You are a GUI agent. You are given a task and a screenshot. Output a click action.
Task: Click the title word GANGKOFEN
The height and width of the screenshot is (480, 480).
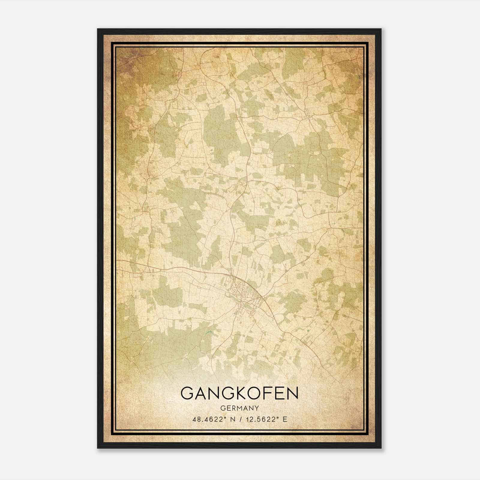[x=240, y=393]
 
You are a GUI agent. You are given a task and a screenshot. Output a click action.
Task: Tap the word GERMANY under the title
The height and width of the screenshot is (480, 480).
[x=240, y=408]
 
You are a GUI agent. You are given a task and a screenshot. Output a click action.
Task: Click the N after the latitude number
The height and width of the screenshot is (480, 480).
[x=232, y=419]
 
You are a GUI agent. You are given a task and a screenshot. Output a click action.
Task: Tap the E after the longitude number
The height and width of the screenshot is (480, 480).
[x=285, y=419]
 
